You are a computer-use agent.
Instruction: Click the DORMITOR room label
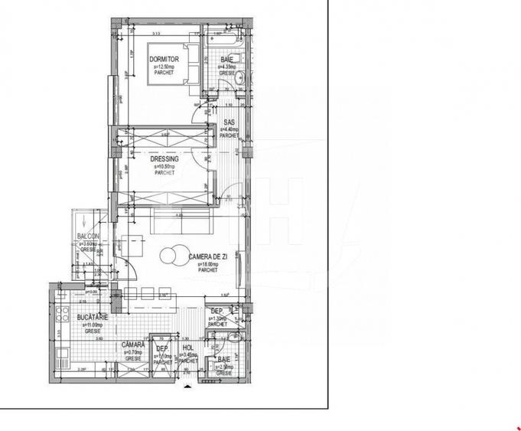(x=164, y=59)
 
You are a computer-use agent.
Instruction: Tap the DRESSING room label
(x=165, y=158)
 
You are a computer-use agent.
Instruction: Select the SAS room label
(x=229, y=122)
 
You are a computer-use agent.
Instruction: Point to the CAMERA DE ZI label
(x=207, y=257)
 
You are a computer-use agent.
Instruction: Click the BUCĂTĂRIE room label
(x=92, y=316)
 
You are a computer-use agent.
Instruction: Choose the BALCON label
(x=88, y=237)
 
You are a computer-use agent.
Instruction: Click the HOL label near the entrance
(x=187, y=347)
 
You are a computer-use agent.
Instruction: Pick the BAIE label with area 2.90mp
(x=223, y=359)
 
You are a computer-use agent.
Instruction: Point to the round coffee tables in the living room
(x=174, y=256)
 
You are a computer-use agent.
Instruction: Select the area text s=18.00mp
(x=207, y=264)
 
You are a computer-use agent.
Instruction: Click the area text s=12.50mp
(x=164, y=67)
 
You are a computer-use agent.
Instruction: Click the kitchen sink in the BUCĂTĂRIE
(x=62, y=351)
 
